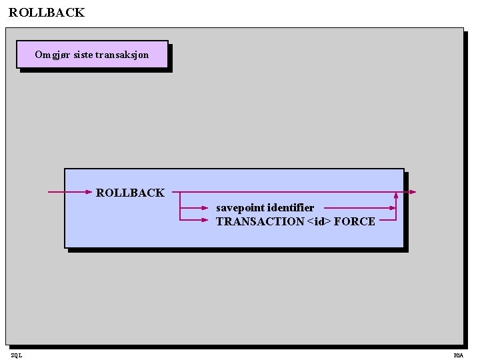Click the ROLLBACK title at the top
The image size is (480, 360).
coord(47,13)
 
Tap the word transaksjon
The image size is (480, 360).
coord(122,55)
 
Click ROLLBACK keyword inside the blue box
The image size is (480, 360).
coord(130,193)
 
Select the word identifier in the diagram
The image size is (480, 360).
coord(291,207)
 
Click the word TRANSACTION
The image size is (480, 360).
coord(260,221)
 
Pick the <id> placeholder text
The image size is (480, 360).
coord(319,221)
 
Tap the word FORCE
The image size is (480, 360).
coord(355,221)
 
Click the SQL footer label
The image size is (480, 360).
coord(16,355)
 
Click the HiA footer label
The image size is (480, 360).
coord(459,355)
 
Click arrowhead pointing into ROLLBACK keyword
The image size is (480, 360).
coord(89,192)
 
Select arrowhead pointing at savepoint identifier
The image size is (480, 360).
coord(206,207)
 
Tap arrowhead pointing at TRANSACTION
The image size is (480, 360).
coord(206,219)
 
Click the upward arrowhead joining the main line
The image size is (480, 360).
coord(396,195)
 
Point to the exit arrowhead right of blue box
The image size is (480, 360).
coord(413,192)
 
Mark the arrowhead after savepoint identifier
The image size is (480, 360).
coord(392,207)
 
